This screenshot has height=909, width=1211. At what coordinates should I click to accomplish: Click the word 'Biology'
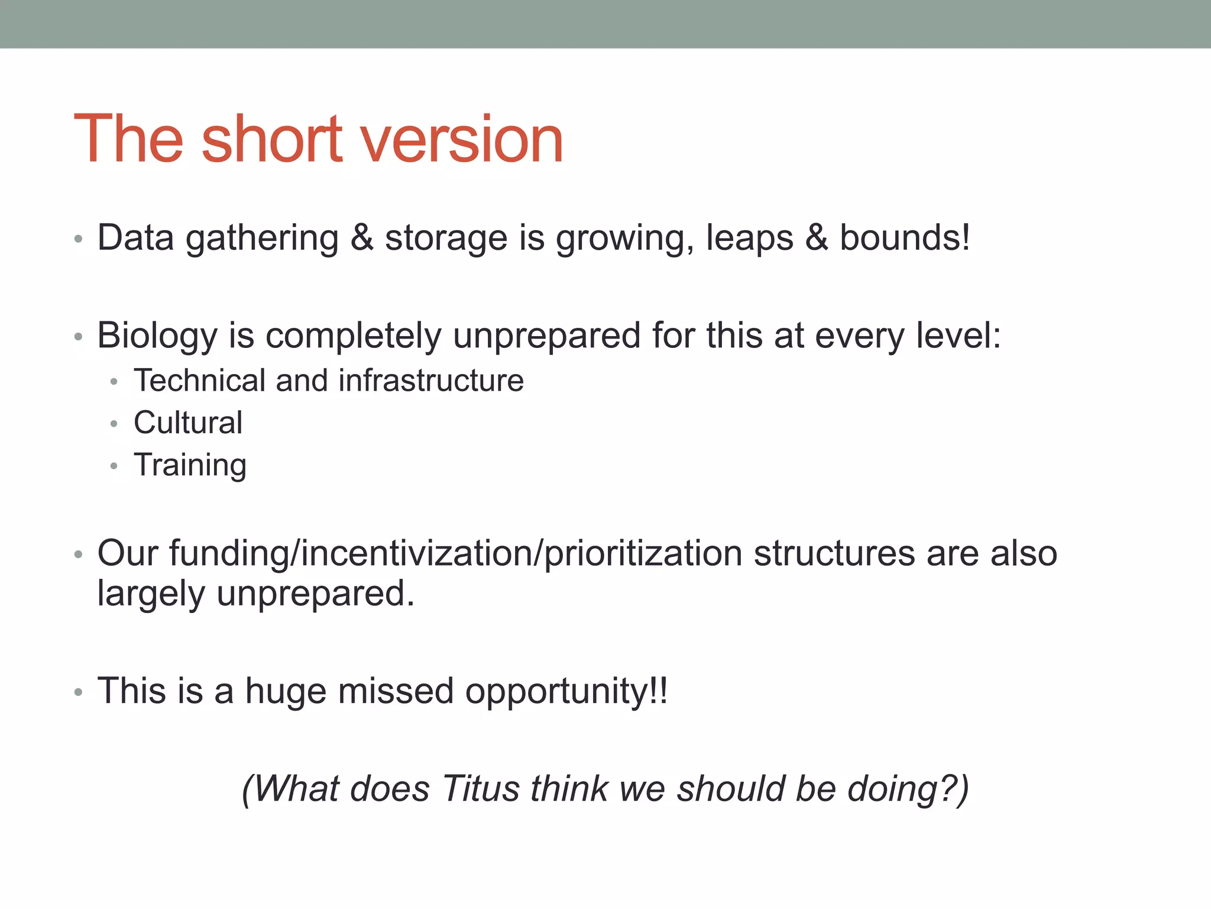coord(157,336)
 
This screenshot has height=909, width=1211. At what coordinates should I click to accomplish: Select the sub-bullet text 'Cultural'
coord(188,423)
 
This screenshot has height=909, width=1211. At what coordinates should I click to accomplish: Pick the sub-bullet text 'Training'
coord(190,465)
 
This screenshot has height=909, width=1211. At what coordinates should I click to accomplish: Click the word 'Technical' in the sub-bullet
coord(199,380)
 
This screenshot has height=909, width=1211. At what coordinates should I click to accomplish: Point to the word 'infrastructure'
coord(431,380)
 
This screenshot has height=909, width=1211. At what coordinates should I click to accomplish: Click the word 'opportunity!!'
coord(566,691)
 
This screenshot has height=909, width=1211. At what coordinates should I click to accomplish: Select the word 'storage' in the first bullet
coord(446,238)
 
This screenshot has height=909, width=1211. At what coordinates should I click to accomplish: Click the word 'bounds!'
coord(905,238)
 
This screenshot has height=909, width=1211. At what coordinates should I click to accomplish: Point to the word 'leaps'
coord(749,238)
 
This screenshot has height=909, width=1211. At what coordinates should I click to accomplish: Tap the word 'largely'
coord(151,594)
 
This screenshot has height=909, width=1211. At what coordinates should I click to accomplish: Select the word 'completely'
coord(353,336)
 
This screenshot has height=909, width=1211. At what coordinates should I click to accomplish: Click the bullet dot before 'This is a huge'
coord(78,692)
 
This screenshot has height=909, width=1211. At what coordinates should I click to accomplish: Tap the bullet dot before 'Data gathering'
coord(78,239)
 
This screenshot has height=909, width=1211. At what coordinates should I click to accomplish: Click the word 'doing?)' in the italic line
coord(908,789)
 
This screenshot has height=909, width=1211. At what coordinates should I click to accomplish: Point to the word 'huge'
coord(285,691)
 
